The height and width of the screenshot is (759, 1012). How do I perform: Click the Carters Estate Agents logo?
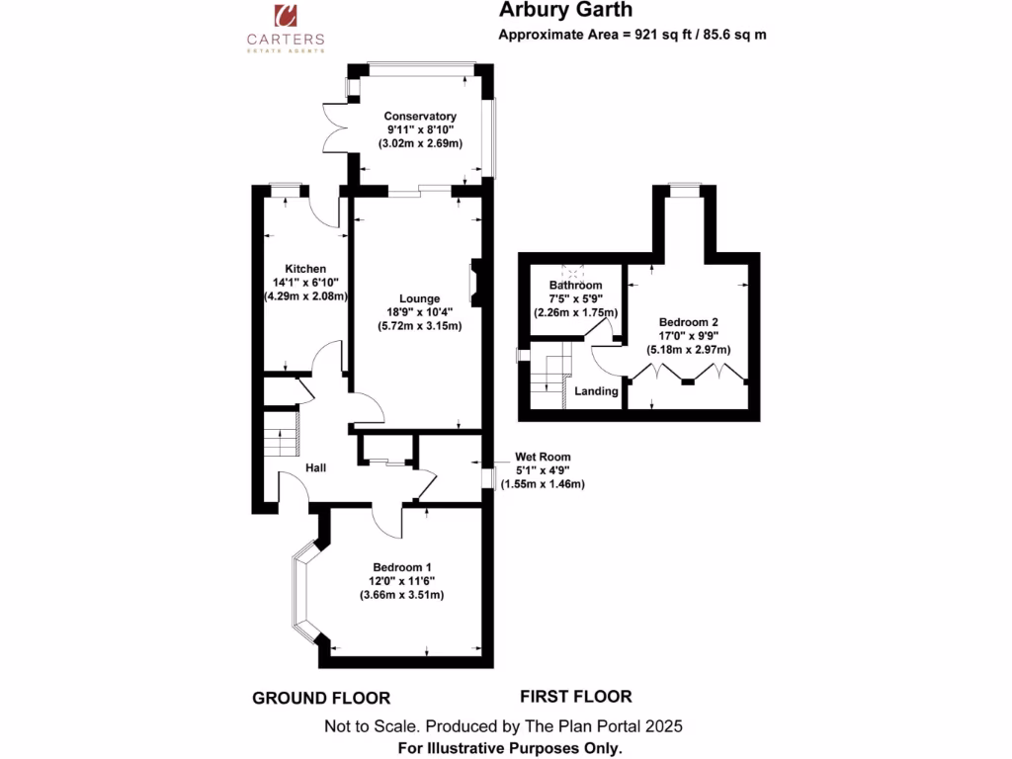[285, 27]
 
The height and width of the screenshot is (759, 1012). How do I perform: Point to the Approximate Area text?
[633, 35]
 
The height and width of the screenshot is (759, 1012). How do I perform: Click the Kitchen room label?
[305, 269]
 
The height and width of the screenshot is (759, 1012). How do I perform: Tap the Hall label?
[316, 467]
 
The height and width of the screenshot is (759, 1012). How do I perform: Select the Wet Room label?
[543, 457]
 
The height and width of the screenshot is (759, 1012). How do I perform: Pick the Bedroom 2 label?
[689, 322]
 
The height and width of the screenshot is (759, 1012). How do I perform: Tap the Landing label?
[597, 391]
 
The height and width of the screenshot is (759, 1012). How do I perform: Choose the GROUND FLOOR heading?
[321, 698]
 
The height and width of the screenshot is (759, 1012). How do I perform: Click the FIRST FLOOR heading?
[575, 696]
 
